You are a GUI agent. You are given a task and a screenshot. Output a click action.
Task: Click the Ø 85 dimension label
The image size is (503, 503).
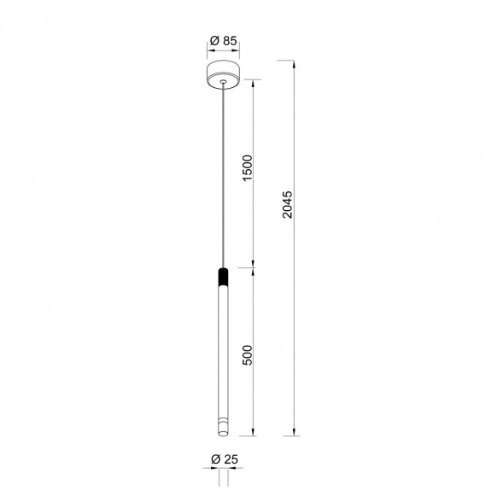coord(223,41)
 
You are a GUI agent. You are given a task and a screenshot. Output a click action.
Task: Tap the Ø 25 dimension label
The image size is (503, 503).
coord(225,459)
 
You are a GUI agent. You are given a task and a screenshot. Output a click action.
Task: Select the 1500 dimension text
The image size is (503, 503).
coord(248,167)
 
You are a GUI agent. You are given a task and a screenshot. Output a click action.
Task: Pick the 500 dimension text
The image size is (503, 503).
coord(248,354)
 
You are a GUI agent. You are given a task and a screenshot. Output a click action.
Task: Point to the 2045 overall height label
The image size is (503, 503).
coord(288,205)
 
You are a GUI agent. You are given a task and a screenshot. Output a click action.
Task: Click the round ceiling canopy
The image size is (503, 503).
coord(223,74)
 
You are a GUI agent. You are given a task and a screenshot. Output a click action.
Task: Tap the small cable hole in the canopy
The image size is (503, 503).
coord(223,82)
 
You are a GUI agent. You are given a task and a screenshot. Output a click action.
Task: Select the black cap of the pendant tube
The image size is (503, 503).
coord(223,276)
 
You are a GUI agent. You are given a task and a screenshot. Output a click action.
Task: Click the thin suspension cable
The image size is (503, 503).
coord(223,175)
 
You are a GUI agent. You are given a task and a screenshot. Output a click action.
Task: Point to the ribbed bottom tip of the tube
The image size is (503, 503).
coord(223,427)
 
